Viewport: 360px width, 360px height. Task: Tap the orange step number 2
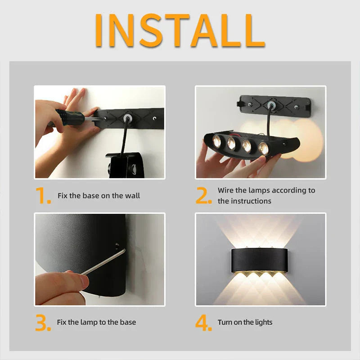click(x=203, y=196)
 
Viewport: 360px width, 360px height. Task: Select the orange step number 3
click(x=43, y=323)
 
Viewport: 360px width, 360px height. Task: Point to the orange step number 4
click(x=203, y=323)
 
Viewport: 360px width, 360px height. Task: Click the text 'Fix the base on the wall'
click(x=99, y=196)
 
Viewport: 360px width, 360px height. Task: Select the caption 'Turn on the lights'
click(x=245, y=322)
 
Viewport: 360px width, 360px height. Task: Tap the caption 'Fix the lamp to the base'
click(x=96, y=322)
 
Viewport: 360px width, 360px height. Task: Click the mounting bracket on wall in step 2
click(x=274, y=105)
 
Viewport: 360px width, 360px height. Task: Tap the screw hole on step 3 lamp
click(x=117, y=246)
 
